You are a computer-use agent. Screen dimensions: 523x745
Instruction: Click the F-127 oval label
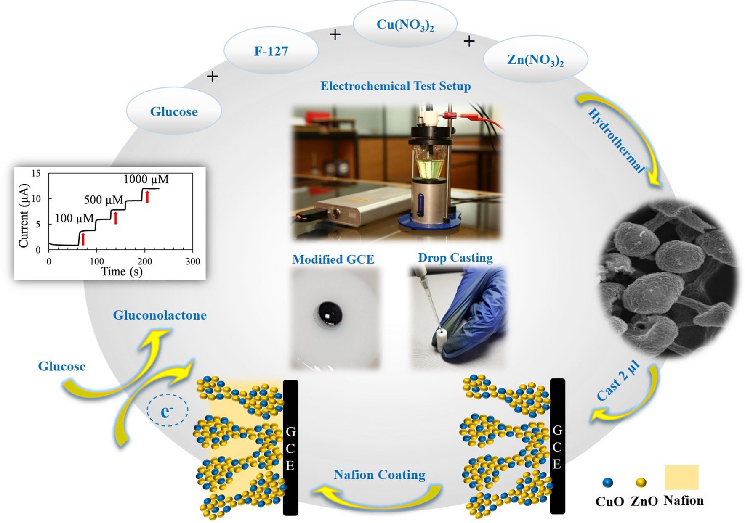click(271, 51)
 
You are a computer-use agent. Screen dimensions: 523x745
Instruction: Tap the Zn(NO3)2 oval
click(535, 60)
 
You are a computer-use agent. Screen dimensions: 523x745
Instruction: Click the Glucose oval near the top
click(174, 112)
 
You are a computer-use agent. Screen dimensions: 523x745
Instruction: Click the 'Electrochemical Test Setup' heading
click(395, 86)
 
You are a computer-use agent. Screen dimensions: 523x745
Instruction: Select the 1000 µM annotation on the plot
click(146, 180)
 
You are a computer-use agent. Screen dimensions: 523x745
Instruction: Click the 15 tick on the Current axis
click(36, 173)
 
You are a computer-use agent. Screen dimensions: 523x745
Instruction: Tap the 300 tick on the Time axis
click(193, 261)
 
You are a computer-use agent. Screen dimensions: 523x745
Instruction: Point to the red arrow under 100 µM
click(83, 239)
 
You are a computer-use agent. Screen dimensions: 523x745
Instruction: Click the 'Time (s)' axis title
click(122, 272)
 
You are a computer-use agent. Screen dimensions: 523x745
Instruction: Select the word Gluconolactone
click(160, 315)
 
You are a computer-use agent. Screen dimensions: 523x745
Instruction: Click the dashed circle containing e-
click(168, 410)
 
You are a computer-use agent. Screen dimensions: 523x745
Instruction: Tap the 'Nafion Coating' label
click(379, 475)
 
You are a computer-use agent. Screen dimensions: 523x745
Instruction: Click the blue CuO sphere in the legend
click(607, 483)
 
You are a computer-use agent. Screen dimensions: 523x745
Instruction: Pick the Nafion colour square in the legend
click(681, 477)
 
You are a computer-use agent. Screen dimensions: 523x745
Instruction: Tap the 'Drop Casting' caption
click(455, 258)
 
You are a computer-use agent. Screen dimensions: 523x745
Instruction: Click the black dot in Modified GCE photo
click(328, 314)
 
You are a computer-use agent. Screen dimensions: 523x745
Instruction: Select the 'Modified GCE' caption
click(333, 259)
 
